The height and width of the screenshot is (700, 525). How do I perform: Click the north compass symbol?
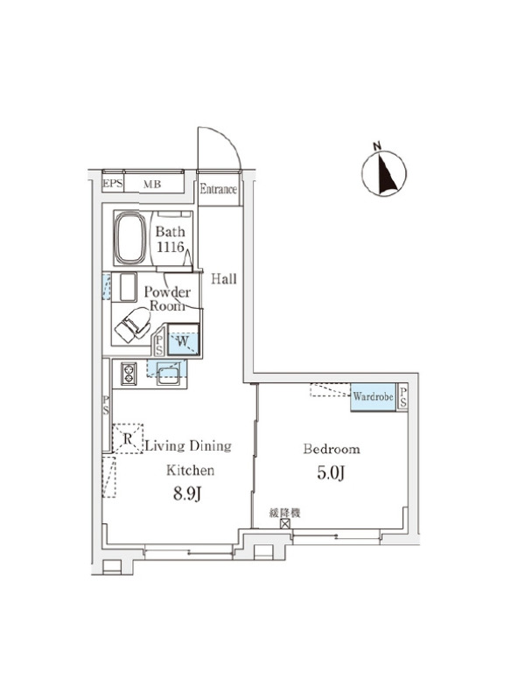[x=384, y=172]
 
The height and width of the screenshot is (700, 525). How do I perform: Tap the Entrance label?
[x=218, y=189]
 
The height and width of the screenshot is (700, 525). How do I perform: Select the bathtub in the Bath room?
[x=130, y=238]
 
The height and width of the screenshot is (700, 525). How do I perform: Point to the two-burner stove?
[x=129, y=374]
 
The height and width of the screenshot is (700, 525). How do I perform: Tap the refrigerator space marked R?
[x=128, y=438]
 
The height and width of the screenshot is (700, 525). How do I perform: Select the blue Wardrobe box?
[x=374, y=397]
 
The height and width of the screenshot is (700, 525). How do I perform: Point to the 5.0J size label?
[x=331, y=472]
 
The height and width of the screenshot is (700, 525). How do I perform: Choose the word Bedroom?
[x=332, y=449]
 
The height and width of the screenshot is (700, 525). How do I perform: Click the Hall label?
[x=224, y=279]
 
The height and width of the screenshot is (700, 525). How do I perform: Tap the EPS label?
[x=113, y=183]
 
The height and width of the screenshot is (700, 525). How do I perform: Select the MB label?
[x=151, y=184]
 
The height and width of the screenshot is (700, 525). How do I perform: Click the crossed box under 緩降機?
[x=285, y=523]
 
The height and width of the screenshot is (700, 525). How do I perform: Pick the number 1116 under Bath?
[x=170, y=246]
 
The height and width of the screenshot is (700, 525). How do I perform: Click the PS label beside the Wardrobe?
[x=402, y=397]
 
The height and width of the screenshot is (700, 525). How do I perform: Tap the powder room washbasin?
[x=128, y=287]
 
